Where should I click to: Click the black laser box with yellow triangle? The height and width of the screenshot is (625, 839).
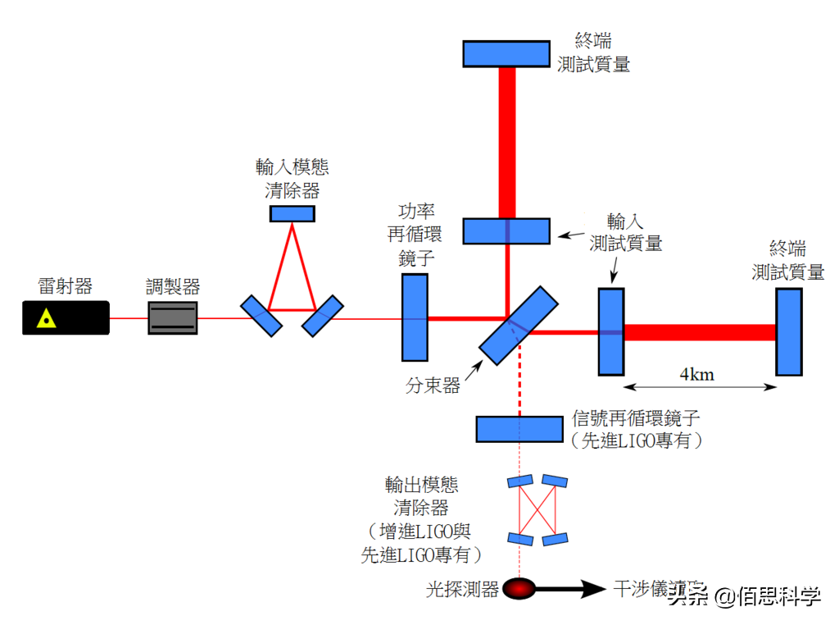(x=66, y=317)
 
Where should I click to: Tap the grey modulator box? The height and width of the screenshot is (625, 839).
(x=173, y=317)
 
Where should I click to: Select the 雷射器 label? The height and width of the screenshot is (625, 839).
(x=66, y=286)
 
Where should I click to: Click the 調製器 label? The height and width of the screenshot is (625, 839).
(x=173, y=287)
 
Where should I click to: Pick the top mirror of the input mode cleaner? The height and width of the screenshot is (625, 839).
(x=293, y=214)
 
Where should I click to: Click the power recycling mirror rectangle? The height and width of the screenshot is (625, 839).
(x=415, y=317)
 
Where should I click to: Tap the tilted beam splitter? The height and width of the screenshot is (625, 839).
(x=519, y=325)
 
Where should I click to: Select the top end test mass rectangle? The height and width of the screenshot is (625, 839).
(x=506, y=53)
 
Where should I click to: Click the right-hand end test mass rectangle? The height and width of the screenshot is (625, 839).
(x=789, y=331)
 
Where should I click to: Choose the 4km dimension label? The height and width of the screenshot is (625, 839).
(x=697, y=375)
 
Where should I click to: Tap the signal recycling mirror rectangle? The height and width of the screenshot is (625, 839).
(x=519, y=429)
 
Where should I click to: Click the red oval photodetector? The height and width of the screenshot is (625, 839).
(x=519, y=588)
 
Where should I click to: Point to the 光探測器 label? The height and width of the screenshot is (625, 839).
(x=463, y=589)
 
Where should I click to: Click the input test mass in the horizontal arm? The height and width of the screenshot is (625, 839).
(x=610, y=331)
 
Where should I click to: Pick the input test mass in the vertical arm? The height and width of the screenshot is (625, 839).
(x=506, y=231)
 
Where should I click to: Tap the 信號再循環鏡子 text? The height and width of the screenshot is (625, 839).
(x=634, y=419)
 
